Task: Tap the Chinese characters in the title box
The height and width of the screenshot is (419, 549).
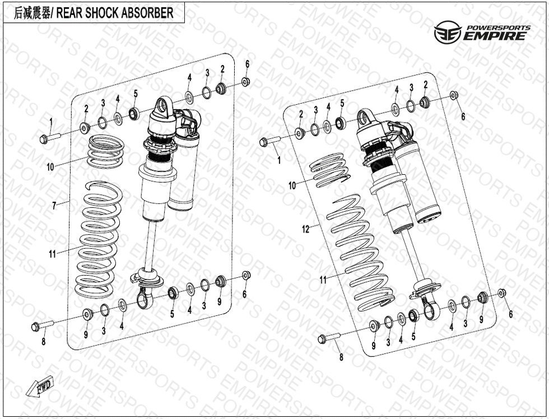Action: click(32, 13)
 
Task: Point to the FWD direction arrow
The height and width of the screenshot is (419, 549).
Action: click(40, 386)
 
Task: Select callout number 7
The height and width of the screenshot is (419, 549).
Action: click(54, 206)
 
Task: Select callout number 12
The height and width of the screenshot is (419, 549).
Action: click(305, 229)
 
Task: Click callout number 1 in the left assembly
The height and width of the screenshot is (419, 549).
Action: click(50, 122)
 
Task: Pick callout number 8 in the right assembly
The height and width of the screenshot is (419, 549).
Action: click(341, 357)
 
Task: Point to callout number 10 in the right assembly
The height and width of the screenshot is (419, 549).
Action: click(292, 185)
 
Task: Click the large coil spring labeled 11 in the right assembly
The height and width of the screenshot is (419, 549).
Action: click(361, 252)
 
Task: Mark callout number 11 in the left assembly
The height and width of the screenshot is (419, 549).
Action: click(52, 254)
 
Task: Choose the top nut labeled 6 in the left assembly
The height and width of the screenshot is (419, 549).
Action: click(245, 82)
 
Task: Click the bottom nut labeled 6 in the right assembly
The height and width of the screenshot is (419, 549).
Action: click(502, 292)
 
